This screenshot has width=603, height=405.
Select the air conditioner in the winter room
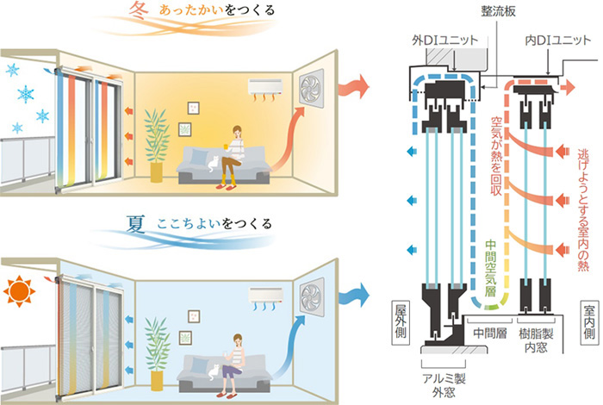point(267,87)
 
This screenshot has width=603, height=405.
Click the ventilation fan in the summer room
point(314,296)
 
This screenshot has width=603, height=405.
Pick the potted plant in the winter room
point(156,142)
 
